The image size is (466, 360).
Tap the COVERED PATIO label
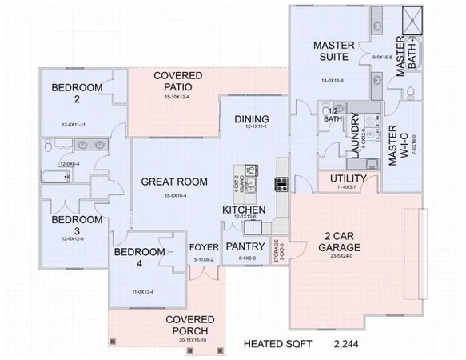(x=177, y=81)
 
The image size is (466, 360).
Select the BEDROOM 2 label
(x=75, y=94)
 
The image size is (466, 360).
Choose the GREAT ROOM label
(x=174, y=182)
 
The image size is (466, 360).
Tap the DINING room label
(x=252, y=119)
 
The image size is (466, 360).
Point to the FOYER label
(x=203, y=246)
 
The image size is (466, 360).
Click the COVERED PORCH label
(x=189, y=326)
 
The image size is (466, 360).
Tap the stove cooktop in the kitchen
(x=281, y=185)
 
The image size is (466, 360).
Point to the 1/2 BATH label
(x=330, y=114)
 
